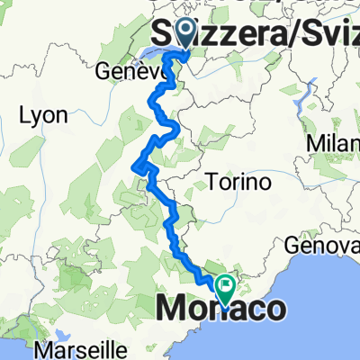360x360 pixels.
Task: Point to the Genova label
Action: pos(334,245)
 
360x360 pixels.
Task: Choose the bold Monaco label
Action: pos(224,309)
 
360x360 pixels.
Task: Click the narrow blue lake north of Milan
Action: pos(314,90)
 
